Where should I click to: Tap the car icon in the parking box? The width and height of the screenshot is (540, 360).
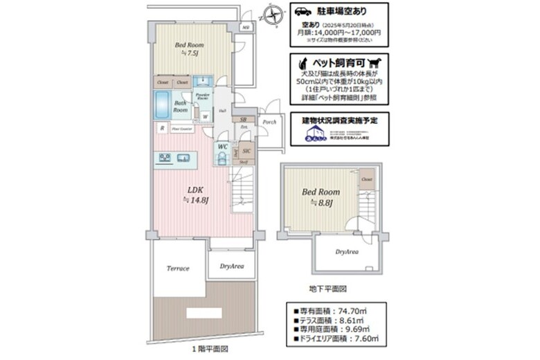[303, 11]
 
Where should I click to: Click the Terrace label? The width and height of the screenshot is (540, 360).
[178, 268]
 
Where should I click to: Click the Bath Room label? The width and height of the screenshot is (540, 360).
[180, 107]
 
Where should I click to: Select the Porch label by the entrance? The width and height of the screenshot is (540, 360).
[269, 123]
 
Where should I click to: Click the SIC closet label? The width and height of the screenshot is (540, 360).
[246, 150]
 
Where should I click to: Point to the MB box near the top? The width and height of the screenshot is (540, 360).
[245, 28]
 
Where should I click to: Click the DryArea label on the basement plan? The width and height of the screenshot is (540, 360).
[347, 252]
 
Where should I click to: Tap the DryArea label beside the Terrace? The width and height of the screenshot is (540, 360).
[231, 266]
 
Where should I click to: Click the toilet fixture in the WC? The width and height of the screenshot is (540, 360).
[222, 159]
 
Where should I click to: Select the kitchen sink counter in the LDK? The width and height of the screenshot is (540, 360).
[176, 159]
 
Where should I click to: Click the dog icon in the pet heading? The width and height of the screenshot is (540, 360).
[377, 61]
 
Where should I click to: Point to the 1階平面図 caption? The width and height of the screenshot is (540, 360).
[209, 350]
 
